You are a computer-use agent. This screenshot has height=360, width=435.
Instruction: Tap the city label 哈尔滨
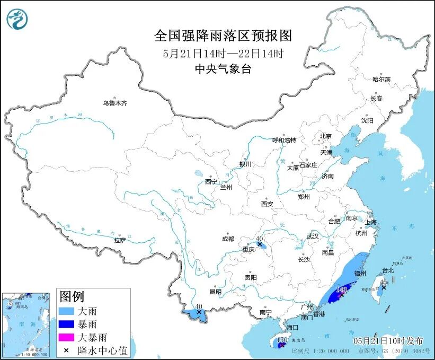click(381, 79)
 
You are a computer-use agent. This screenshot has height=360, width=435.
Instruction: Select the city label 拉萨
click(120, 240)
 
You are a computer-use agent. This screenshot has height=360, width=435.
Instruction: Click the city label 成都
click(228, 239)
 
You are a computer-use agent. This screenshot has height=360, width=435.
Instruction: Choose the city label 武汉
click(313, 236)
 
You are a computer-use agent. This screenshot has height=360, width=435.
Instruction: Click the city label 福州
click(360, 274)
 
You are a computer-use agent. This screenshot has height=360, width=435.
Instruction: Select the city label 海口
click(292, 328)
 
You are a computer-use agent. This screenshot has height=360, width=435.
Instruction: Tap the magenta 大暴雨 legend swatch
click(67, 337)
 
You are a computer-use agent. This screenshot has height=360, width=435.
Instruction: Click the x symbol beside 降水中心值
click(67, 350)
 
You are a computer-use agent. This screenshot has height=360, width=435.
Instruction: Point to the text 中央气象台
click(223, 69)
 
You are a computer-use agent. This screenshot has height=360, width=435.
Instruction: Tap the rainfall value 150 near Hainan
click(282, 339)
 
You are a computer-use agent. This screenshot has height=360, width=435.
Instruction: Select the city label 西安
click(267, 204)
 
